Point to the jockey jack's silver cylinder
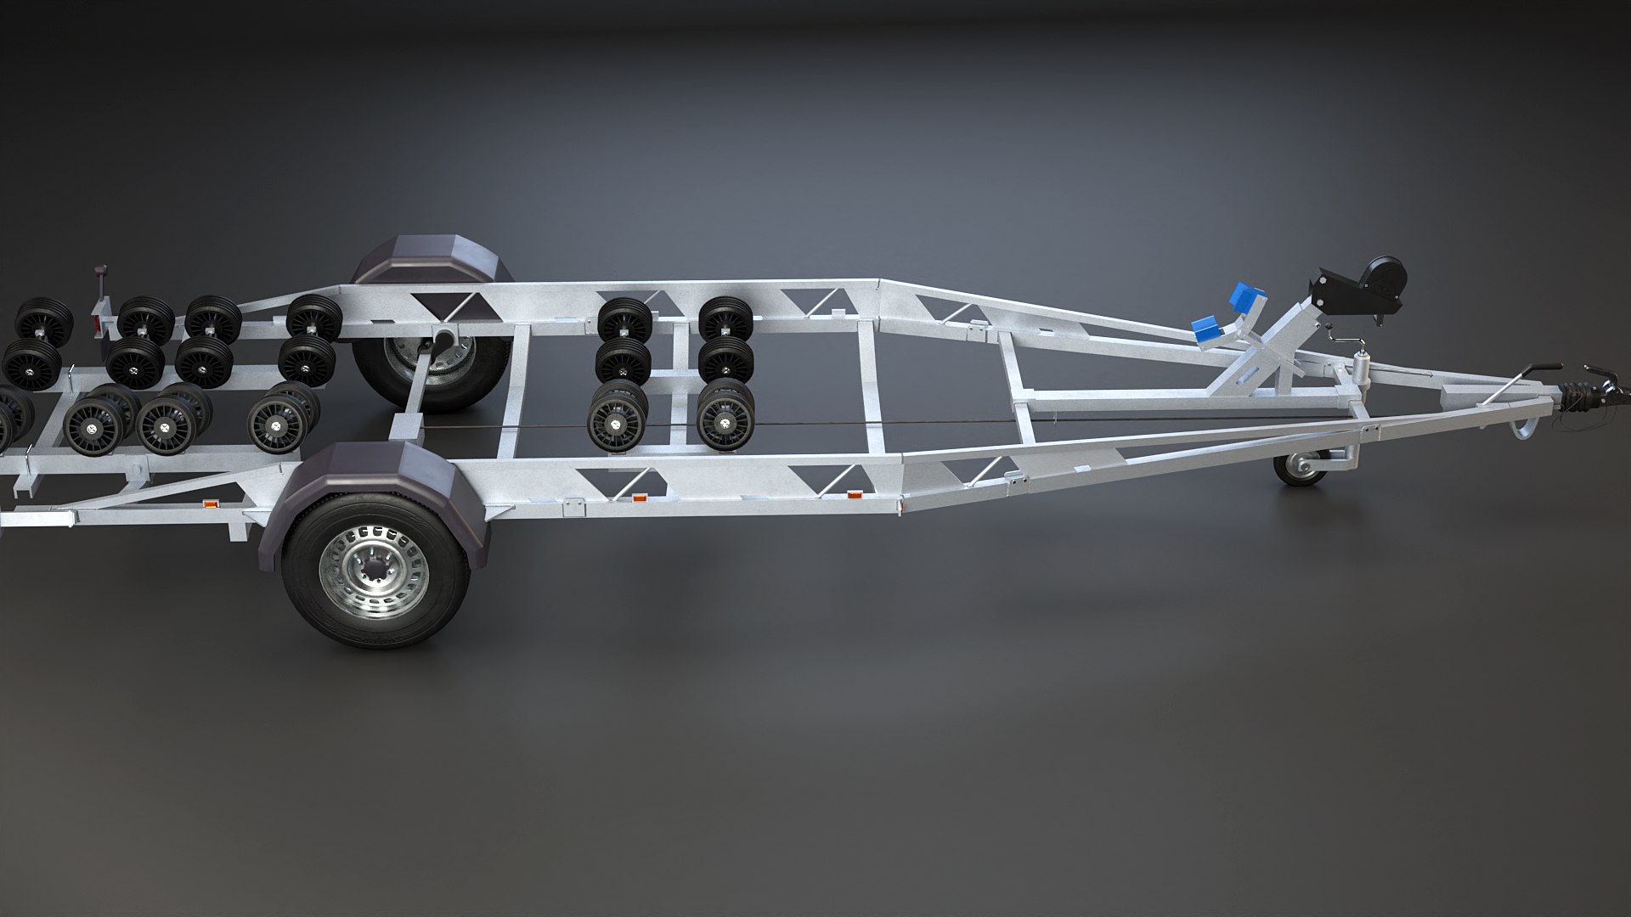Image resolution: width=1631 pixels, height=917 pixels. pyautogui.click(x=1360, y=371)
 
